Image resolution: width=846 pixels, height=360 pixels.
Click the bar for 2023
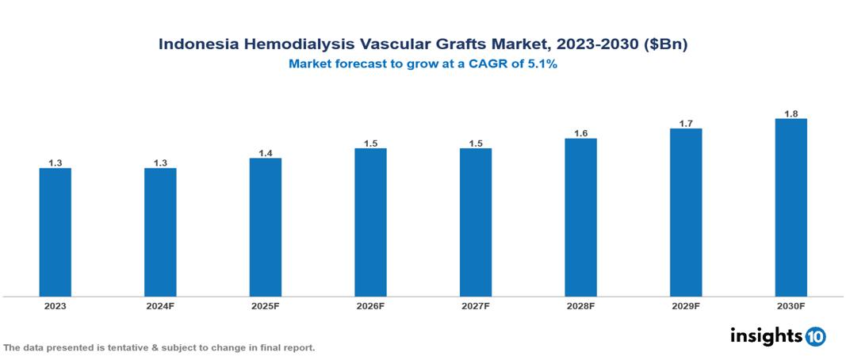56,232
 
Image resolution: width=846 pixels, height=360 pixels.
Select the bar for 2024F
160,232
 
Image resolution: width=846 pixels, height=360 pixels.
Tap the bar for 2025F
266,227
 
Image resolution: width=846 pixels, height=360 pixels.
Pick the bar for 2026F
370,222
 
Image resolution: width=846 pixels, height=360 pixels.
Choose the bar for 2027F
476,222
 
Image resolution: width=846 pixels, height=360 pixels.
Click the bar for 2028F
580,217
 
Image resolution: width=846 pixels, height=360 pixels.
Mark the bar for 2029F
686,213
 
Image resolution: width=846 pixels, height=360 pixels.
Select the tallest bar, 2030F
790,208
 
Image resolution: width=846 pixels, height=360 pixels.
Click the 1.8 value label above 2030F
790,114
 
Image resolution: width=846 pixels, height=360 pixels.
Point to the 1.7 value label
686,124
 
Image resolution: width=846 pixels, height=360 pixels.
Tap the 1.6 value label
580,133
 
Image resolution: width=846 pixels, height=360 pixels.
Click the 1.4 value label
266,153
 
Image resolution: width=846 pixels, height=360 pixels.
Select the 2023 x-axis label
56,305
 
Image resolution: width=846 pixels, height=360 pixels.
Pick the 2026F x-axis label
370,305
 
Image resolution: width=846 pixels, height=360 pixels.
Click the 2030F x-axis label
790,305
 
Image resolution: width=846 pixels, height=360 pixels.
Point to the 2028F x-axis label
580,305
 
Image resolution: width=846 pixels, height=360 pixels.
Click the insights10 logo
777,335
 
